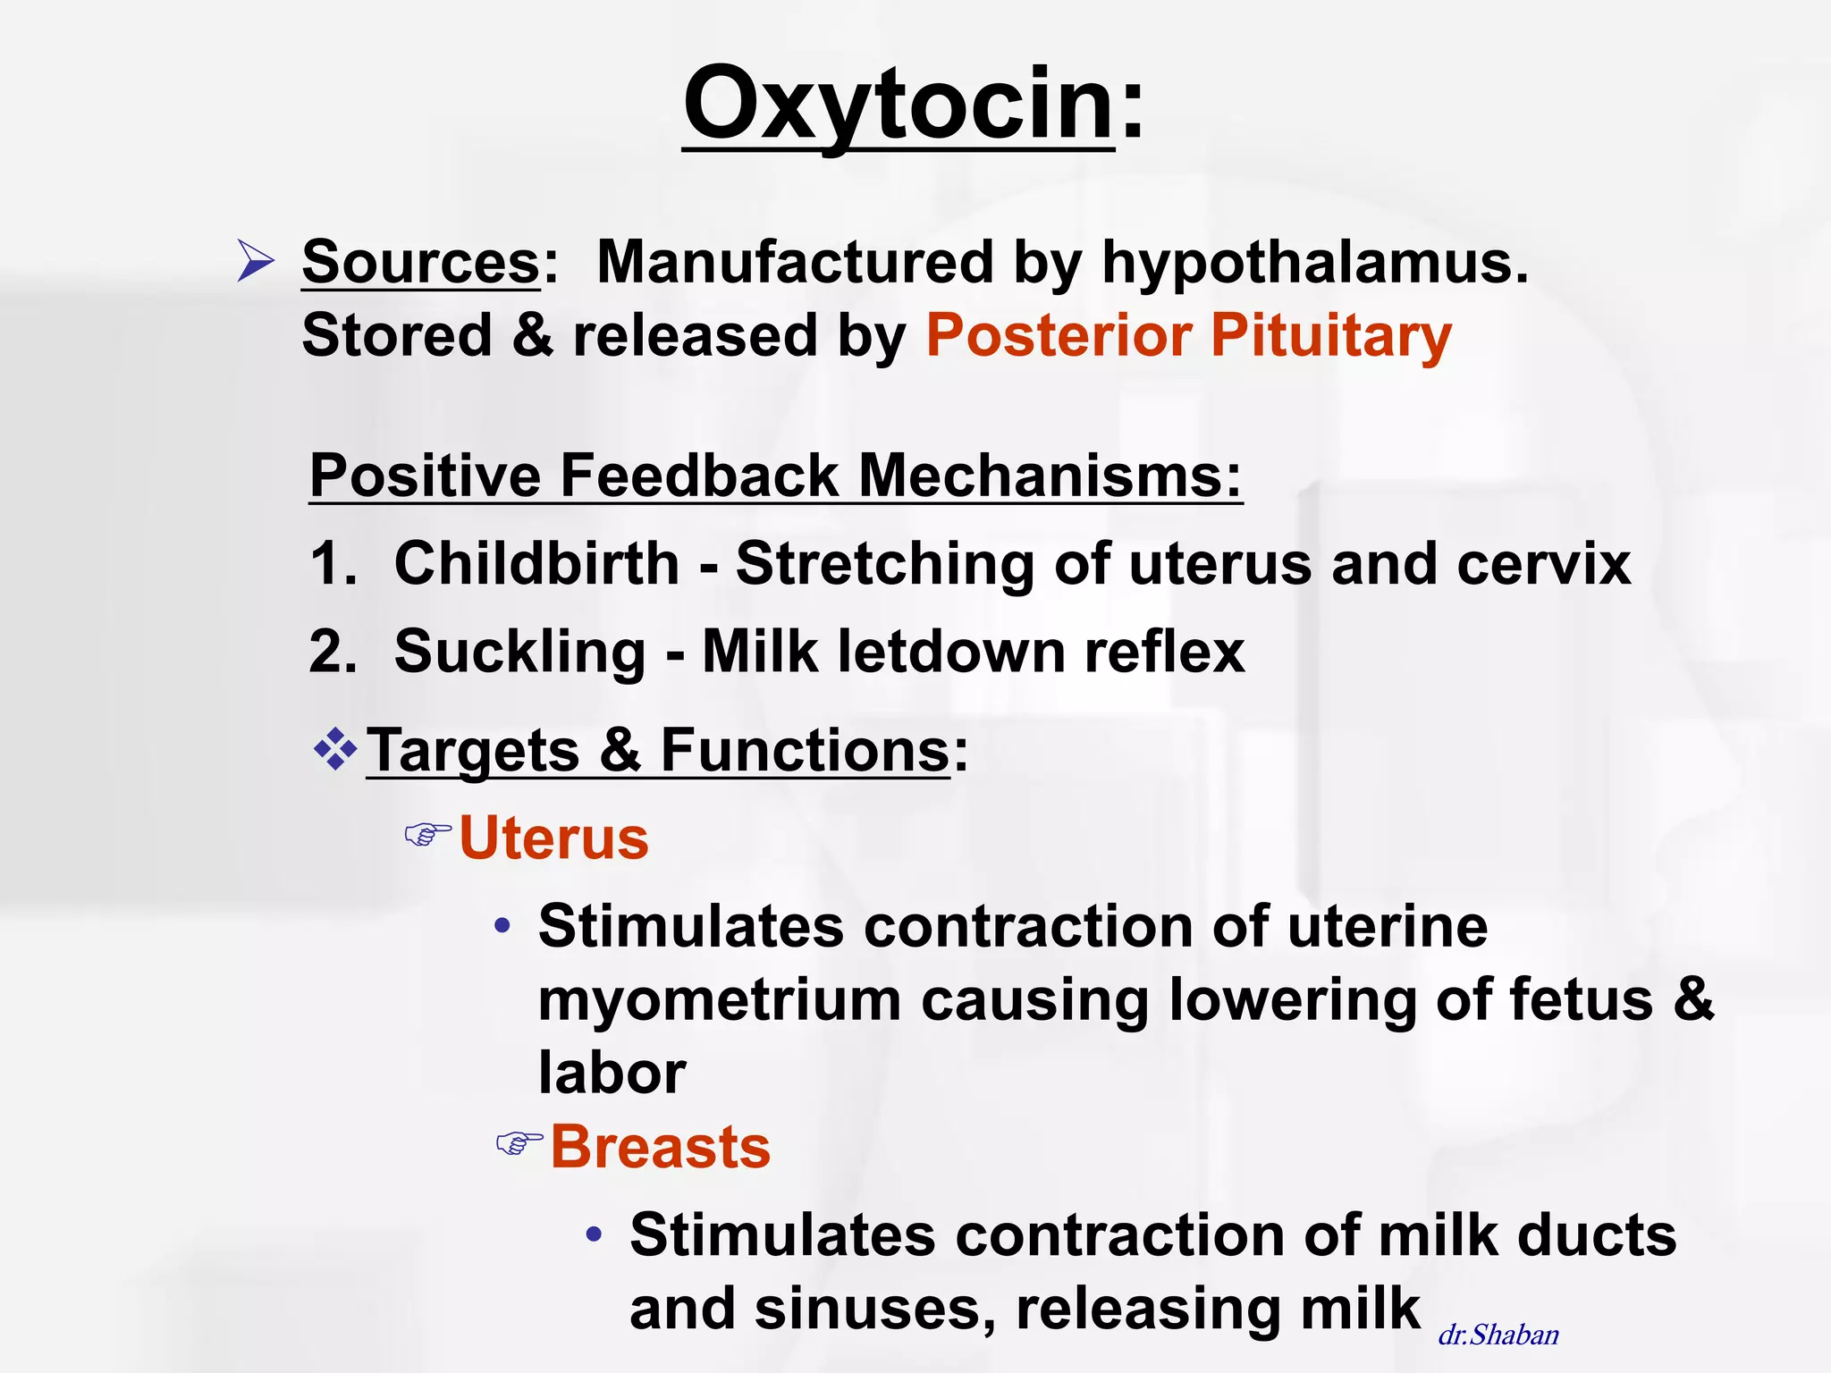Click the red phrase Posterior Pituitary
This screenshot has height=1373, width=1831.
[1188, 335]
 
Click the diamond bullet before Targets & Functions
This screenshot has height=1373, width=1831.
[335, 749]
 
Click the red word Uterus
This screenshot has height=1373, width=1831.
[553, 838]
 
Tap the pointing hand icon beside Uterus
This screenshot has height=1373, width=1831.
[427, 835]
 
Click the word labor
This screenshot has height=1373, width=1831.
[612, 1072]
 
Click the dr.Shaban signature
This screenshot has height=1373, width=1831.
[1498, 1335]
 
